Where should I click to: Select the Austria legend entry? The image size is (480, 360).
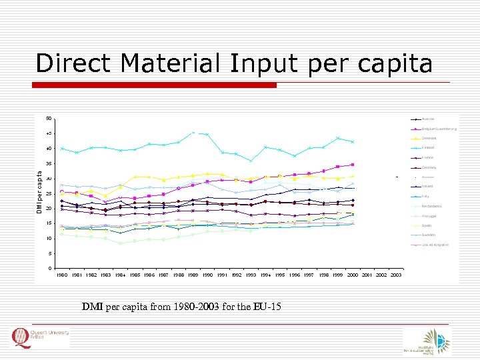[431, 119]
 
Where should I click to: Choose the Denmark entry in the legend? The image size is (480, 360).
[433, 138]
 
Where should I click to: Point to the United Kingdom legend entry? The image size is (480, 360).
[437, 245]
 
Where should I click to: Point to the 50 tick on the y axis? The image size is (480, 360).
[48, 119]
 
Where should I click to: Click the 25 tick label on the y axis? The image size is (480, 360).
[48, 194]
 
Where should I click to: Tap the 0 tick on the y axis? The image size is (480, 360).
[49, 269]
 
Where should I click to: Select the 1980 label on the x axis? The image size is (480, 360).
[62, 275]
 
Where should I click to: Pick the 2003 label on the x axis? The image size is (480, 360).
[396, 275]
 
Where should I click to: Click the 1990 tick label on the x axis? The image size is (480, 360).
[207, 275]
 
